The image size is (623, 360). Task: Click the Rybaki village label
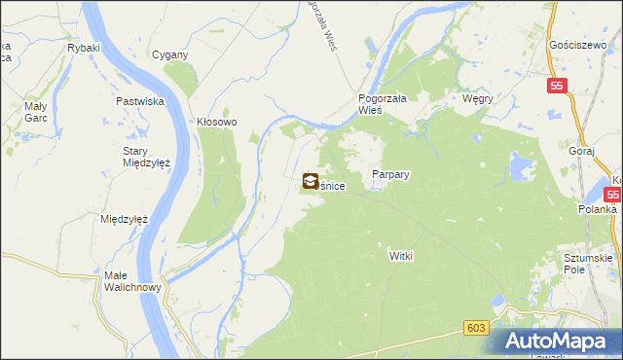tap(84, 47)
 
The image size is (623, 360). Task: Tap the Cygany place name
tap(169, 54)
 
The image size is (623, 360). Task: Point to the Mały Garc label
tap(35, 112)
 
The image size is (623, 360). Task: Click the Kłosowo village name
tap(217, 123)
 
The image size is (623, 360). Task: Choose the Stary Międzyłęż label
tap(146, 157)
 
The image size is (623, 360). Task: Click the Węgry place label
tap(479, 98)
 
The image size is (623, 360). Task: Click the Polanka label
tap(597, 209)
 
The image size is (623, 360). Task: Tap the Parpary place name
tap(390, 174)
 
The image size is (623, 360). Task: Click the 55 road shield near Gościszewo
tap(556, 87)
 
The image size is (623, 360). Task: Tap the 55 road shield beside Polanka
tap(615, 194)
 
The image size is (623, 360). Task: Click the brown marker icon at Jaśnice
tap(310, 180)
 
